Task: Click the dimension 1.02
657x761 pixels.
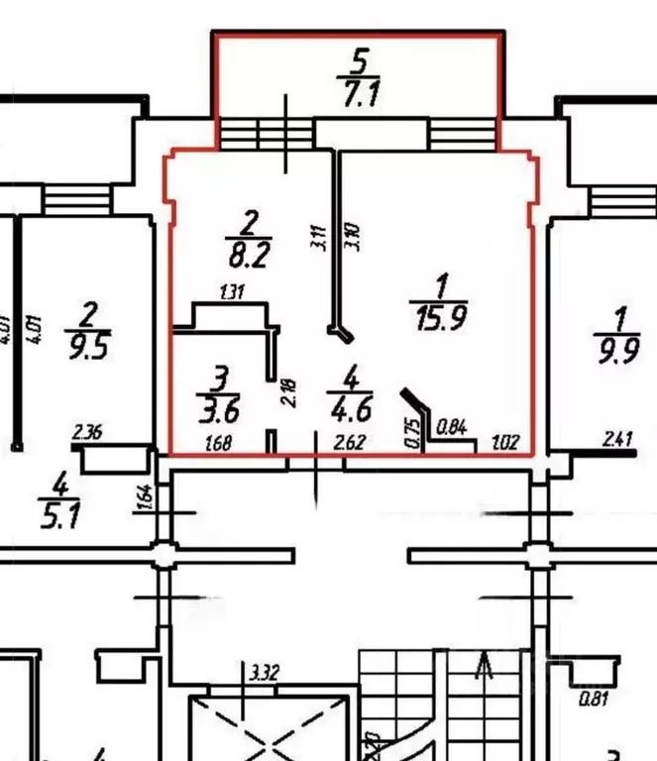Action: pos(504,443)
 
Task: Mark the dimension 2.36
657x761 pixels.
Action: pos(87,431)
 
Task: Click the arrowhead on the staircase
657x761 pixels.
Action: pos(486,661)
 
